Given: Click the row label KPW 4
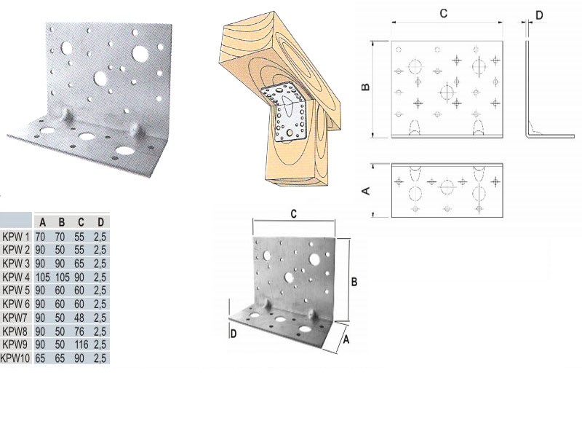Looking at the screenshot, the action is point(15,277).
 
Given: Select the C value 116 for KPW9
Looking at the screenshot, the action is point(81,345).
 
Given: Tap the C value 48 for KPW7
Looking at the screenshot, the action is point(79,318).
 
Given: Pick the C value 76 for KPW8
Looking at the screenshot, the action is point(79,331).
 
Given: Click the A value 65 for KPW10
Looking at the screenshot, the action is point(40,358).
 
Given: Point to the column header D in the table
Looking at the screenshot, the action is point(100,222).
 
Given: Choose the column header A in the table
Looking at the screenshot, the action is point(43,222).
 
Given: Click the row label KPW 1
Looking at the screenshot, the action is point(15,237).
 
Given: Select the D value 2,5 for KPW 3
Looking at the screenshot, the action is point(100,264).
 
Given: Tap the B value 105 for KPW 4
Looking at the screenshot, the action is point(63,277).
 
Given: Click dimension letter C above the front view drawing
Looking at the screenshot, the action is point(443,14).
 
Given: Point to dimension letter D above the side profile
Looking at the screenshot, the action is point(539,15).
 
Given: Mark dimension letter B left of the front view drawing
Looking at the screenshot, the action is point(366,87).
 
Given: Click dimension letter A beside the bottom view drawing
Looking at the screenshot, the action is point(366,191).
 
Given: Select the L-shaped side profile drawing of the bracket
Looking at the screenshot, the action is point(549,89).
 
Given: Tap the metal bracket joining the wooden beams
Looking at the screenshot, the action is point(285,111).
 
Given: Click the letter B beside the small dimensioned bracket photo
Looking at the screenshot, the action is point(354,282).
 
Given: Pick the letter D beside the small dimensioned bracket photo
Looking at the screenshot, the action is point(234,334).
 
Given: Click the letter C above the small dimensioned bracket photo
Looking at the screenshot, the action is point(294,214).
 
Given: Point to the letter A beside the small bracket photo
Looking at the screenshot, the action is point(346,339).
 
